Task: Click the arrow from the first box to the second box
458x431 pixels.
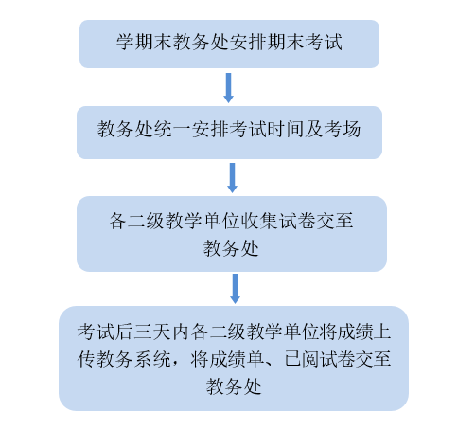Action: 228,88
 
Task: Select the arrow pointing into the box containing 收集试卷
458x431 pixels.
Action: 232,178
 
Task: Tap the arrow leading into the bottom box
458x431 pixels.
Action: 235,289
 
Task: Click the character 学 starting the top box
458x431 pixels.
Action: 125,42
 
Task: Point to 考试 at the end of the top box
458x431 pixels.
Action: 324,42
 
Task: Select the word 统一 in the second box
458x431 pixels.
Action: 172,129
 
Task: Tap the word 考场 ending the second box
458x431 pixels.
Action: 343,129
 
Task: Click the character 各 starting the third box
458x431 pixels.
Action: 117,221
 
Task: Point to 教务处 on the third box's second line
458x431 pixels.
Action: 231,248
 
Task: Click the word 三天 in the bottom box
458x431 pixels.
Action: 152,332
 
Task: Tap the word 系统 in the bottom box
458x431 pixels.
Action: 152,359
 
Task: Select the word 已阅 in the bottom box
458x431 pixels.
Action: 302,359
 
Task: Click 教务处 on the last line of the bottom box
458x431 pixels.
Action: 234,386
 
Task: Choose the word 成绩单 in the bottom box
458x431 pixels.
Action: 228,359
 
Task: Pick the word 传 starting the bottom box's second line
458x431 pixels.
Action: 86,359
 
